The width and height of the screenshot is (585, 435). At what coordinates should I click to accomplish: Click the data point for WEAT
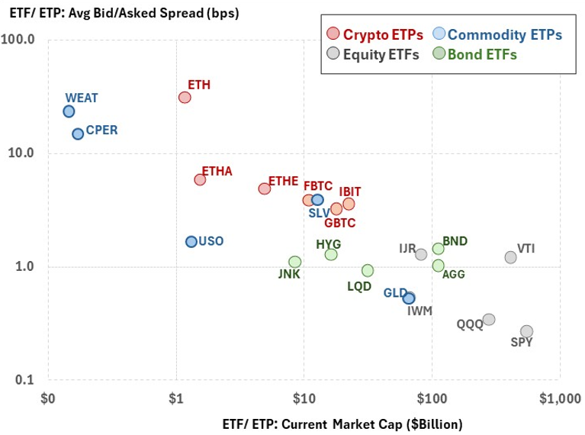(x=69, y=111)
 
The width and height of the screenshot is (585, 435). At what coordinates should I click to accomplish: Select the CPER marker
(x=78, y=134)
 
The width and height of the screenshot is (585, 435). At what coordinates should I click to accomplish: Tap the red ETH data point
(x=185, y=97)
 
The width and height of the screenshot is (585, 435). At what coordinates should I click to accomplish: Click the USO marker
(x=191, y=241)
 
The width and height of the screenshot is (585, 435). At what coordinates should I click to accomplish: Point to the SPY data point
(x=526, y=331)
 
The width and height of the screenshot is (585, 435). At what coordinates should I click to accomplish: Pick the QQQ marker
(x=489, y=319)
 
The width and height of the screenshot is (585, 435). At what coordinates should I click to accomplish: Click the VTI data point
(x=510, y=257)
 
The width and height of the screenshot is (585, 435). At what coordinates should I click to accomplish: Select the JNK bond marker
(x=295, y=262)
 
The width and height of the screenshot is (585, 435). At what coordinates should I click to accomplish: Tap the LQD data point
(x=368, y=270)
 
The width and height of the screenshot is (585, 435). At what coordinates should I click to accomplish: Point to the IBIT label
(x=349, y=191)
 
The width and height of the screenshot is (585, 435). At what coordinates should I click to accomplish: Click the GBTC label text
(x=339, y=223)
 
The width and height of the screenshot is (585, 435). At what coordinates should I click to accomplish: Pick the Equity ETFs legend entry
(x=371, y=54)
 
